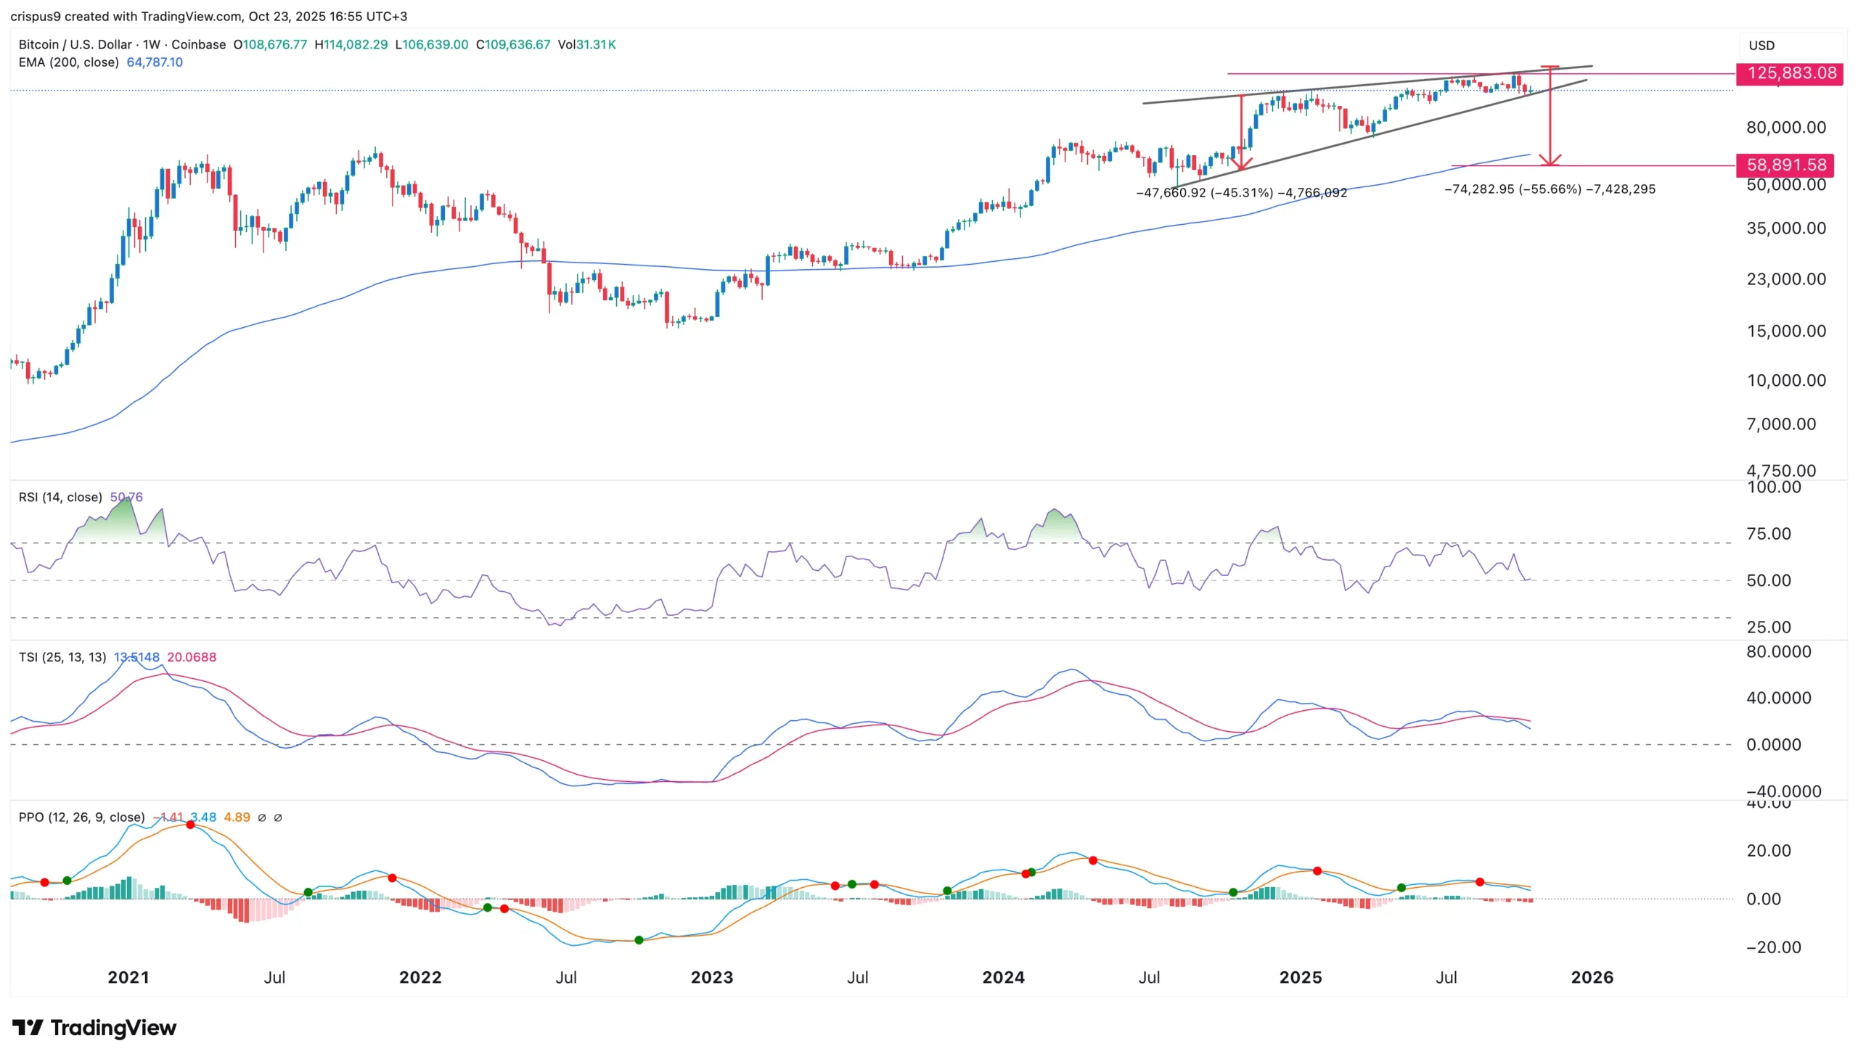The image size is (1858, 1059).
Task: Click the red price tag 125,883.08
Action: tap(1789, 73)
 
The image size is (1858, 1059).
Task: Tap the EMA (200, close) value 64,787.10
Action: tap(155, 62)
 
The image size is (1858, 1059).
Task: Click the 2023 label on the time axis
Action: tap(711, 977)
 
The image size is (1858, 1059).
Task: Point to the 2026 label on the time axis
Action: tap(1592, 977)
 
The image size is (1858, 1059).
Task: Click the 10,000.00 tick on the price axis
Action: tap(1785, 380)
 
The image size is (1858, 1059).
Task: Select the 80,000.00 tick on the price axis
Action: tap(1785, 127)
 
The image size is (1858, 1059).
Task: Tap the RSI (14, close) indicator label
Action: tap(60, 498)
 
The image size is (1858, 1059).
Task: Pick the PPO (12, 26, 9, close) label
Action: tap(81, 817)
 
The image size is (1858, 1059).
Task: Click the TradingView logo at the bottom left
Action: tap(94, 1028)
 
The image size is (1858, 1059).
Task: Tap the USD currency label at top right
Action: tap(1761, 45)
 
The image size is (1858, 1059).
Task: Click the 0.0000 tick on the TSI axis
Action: tap(1774, 745)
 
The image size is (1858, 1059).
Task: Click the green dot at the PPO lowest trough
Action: tap(639, 941)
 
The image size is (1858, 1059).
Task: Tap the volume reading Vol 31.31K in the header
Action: tap(586, 44)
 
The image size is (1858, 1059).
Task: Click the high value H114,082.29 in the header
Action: tap(351, 44)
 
